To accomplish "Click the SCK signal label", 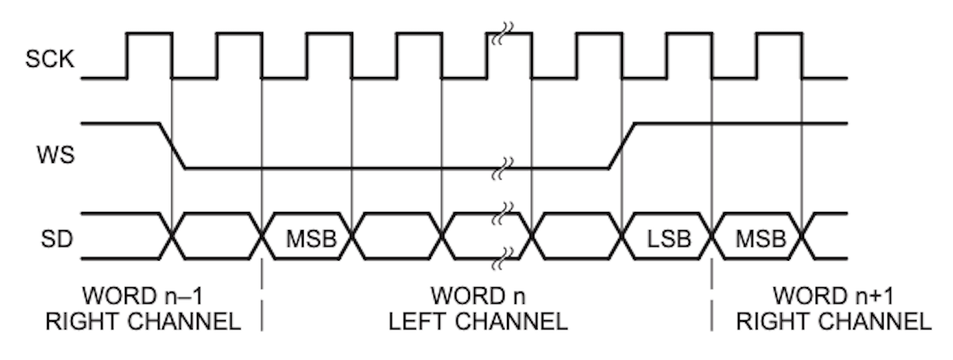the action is (50, 60).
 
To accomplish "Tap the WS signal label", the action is (55, 155).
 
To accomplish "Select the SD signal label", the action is (56, 239).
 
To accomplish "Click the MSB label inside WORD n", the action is (311, 239).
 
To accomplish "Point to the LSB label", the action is (668, 239).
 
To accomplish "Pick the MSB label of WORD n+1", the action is (761, 239).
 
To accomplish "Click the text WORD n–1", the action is (143, 296).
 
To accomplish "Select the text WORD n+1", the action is (833, 296).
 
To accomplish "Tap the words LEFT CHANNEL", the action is (477, 321).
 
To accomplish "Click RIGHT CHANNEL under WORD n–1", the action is (143, 321).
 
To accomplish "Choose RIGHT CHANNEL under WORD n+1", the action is (833, 321).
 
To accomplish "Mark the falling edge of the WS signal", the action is (173, 146).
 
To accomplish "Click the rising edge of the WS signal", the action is (621, 146).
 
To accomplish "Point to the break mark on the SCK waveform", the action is (503, 34).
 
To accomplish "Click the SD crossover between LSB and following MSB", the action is (711, 236).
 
